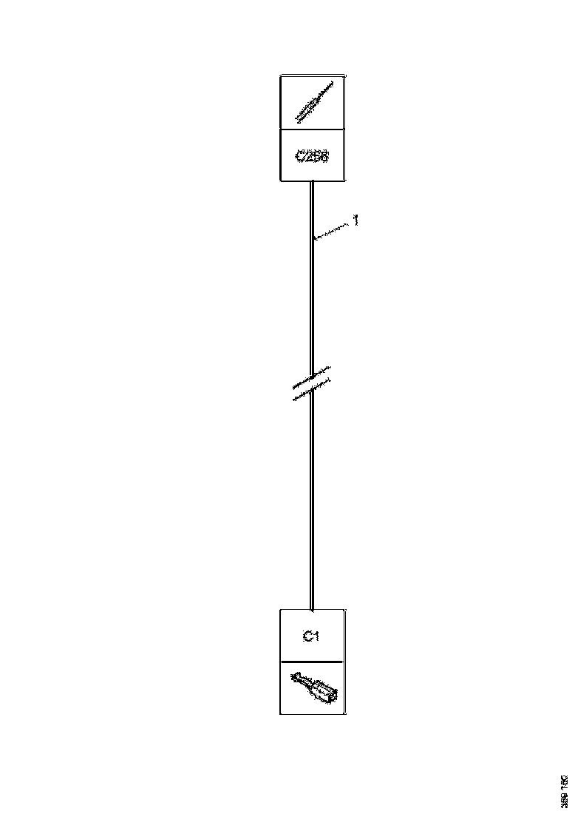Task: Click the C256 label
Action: coord(312,156)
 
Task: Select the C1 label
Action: coord(311,636)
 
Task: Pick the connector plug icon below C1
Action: coord(314,687)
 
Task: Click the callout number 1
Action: coord(355,221)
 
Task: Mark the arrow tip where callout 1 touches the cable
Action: coord(314,238)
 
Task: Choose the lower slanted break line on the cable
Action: coord(311,392)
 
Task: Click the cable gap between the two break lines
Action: coord(312,386)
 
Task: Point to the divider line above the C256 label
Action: coord(312,129)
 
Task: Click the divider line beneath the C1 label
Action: coord(312,661)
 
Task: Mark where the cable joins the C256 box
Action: coord(312,182)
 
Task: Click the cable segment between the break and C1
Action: coord(312,503)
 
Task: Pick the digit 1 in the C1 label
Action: coord(316,636)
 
